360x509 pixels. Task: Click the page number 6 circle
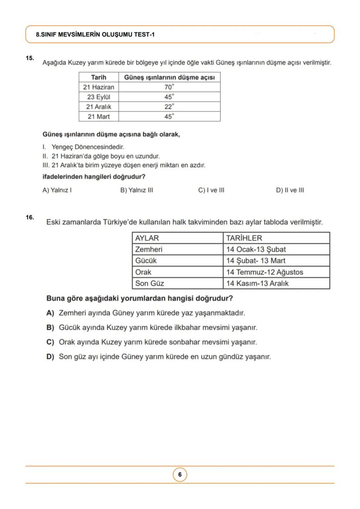[x=180, y=475]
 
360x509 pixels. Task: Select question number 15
[x=30, y=58]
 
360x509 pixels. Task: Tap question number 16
[x=30, y=217]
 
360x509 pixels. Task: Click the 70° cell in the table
[x=169, y=87]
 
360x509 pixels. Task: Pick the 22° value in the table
[x=169, y=106]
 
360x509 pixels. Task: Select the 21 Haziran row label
[x=99, y=87]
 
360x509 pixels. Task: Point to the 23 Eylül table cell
[x=99, y=97]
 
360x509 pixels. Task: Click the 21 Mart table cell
[x=99, y=116]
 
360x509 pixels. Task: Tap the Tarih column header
[x=99, y=77]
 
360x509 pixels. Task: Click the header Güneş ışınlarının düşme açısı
[x=169, y=77]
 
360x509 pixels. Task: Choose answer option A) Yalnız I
[x=57, y=190]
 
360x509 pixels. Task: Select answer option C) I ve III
[x=211, y=190]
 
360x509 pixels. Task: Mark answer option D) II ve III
[x=290, y=190]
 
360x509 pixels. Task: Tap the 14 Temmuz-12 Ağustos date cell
[x=264, y=272]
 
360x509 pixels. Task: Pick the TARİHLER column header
[x=244, y=238]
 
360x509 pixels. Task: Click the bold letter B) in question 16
[x=50, y=327]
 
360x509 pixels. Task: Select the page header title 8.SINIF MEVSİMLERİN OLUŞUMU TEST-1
[x=95, y=34]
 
